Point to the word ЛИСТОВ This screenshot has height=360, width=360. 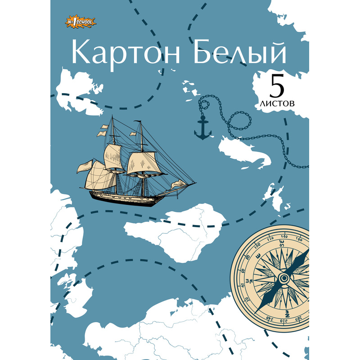click(277, 103)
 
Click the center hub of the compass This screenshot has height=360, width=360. click(284, 278)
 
